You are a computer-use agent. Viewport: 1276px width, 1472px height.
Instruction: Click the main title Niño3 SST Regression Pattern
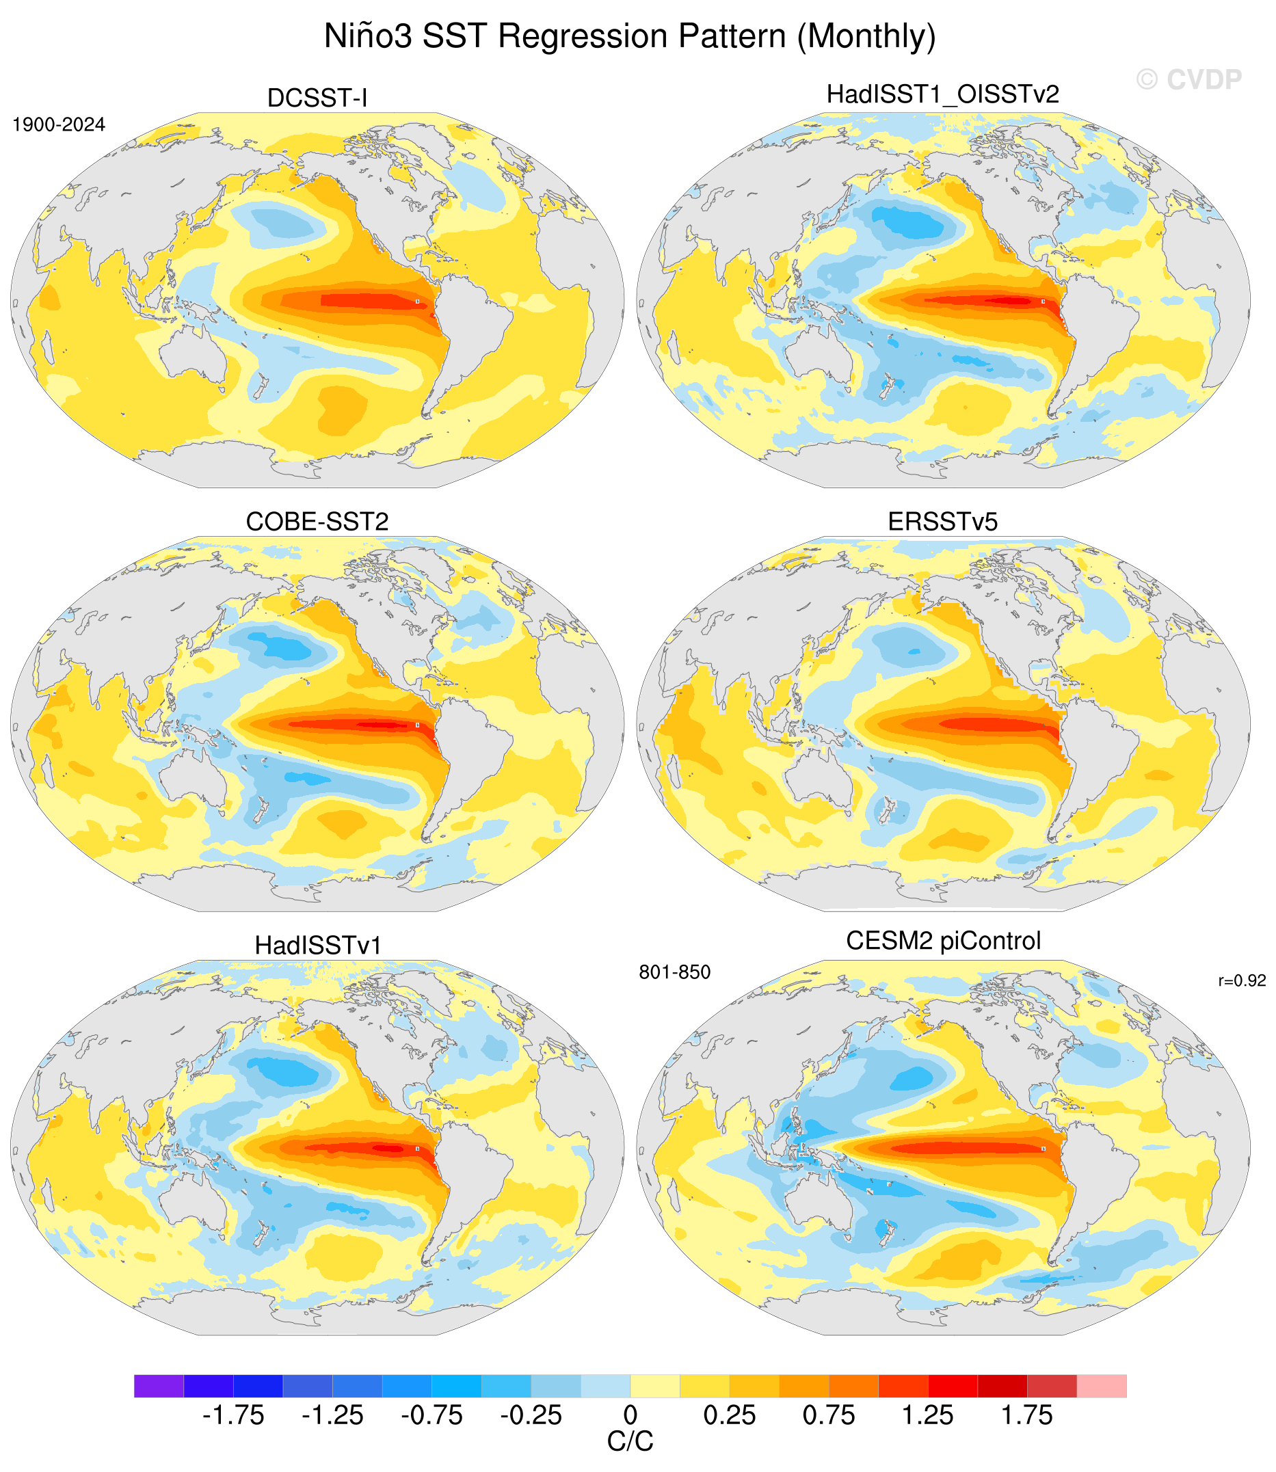click(x=630, y=36)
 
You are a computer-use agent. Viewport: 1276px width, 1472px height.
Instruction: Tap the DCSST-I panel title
click(x=317, y=98)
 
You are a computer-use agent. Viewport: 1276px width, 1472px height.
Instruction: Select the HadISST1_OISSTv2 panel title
click(x=943, y=94)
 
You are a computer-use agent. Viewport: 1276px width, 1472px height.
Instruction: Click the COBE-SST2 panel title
click(x=317, y=522)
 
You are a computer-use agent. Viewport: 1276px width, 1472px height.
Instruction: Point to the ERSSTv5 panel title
click(x=943, y=522)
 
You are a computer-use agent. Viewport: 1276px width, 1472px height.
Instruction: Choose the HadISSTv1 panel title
click(x=318, y=946)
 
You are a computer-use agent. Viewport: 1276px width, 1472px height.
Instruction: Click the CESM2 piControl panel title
click(x=943, y=941)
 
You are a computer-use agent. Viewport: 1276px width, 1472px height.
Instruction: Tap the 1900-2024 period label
click(x=59, y=124)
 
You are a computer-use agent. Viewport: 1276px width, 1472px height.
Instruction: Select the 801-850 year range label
click(x=674, y=972)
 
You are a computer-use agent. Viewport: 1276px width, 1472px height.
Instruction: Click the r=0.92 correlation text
click(x=1242, y=981)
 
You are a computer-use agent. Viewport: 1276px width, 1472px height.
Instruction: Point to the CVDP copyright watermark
click(x=1188, y=80)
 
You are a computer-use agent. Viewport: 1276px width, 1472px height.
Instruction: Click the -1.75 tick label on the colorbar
click(x=233, y=1416)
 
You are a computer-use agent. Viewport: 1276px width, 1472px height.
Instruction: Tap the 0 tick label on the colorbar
click(x=630, y=1416)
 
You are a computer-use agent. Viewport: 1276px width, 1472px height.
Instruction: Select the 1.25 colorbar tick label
click(x=928, y=1416)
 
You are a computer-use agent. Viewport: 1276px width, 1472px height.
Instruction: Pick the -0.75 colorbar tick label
click(x=431, y=1416)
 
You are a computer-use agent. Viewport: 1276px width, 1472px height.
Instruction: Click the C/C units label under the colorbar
click(x=630, y=1442)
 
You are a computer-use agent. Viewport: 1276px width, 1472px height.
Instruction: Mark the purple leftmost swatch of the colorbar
click(x=159, y=1386)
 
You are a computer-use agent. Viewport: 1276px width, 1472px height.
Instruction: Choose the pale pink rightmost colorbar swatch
click(x=1102, y=1386)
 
